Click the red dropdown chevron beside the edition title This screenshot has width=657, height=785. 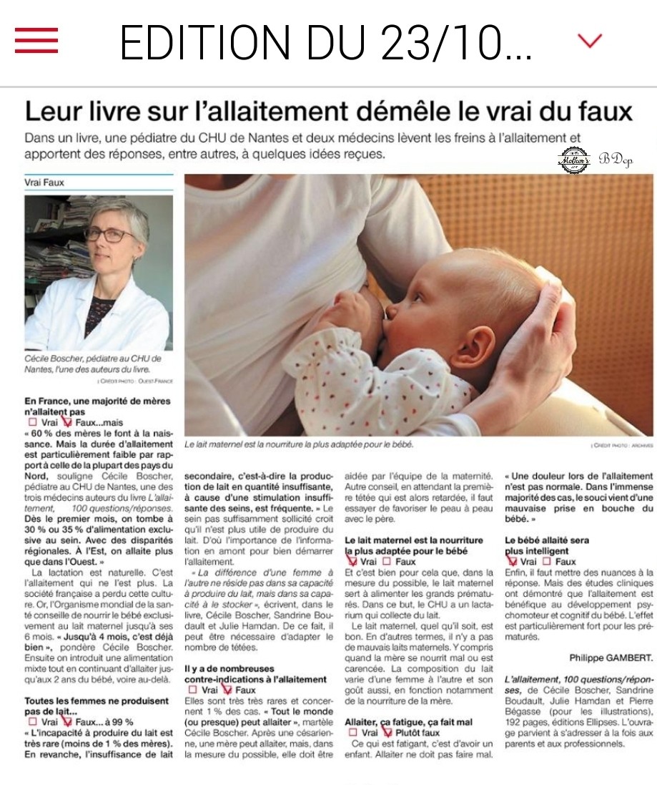tap(590, 42)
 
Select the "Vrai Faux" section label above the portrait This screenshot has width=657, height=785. tap(44, 182)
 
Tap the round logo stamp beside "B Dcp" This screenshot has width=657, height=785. tap(573, 160)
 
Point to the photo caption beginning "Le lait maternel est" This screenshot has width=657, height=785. tap(299, 444)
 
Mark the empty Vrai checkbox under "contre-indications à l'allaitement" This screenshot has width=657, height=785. tap(192, 690)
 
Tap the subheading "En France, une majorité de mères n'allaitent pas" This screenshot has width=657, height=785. tap(97, 406)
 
